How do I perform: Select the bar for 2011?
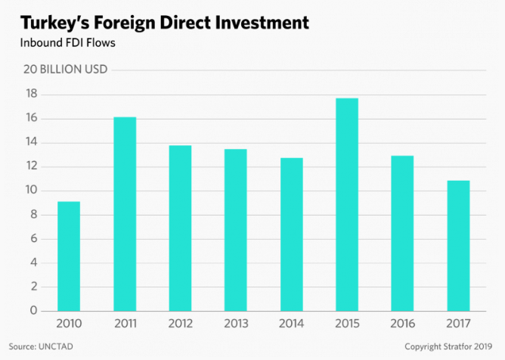125,213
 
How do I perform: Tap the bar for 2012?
180,228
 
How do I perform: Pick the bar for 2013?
235,229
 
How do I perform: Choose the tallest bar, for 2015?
347,204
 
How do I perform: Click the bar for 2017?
458,245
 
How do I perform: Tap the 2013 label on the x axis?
235,324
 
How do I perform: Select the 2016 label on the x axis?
402,324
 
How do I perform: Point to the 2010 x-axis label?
69,324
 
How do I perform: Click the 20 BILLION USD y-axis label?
66,70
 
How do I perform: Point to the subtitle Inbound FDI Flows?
67,43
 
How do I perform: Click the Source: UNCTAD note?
48,346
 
